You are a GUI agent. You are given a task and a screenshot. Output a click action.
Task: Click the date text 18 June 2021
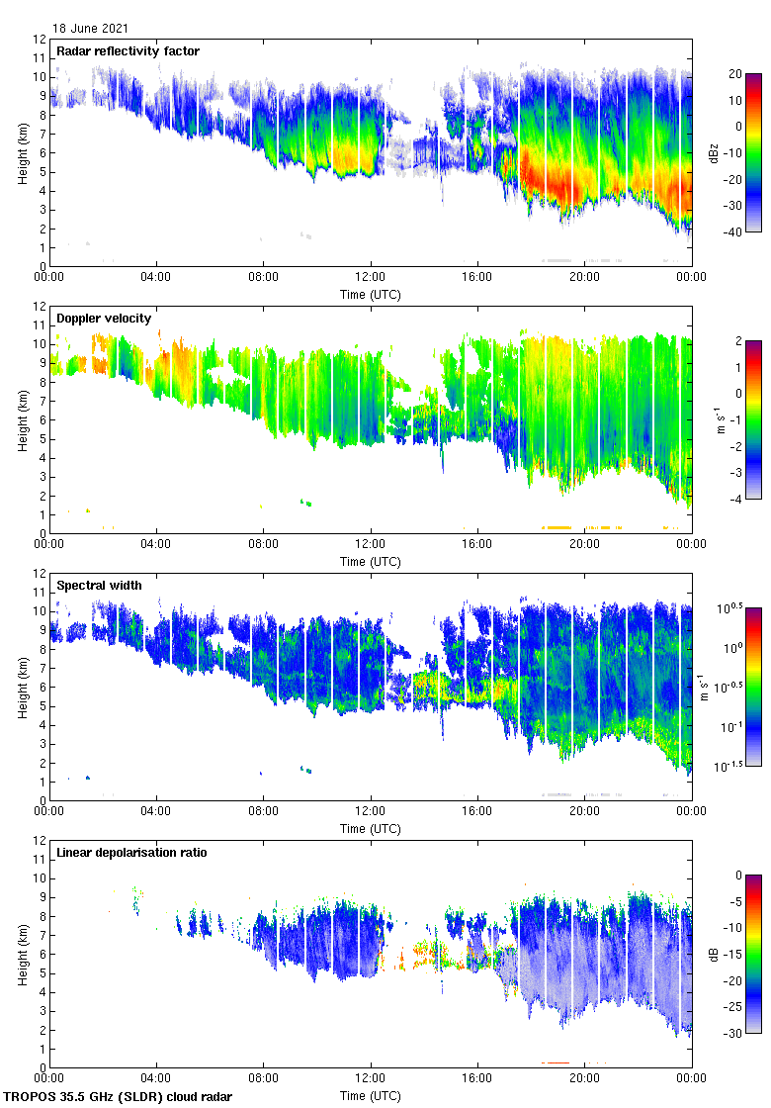pos(89,29)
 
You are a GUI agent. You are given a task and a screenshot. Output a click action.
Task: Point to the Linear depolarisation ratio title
pos(131,852)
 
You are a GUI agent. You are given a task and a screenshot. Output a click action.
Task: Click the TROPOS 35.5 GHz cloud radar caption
pos(119,1097)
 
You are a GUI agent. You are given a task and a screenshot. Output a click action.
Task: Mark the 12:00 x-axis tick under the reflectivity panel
pos(371,278)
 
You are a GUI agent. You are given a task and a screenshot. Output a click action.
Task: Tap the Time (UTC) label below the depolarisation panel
pos(371,1095)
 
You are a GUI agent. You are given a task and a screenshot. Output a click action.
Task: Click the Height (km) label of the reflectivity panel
pos(22,152)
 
